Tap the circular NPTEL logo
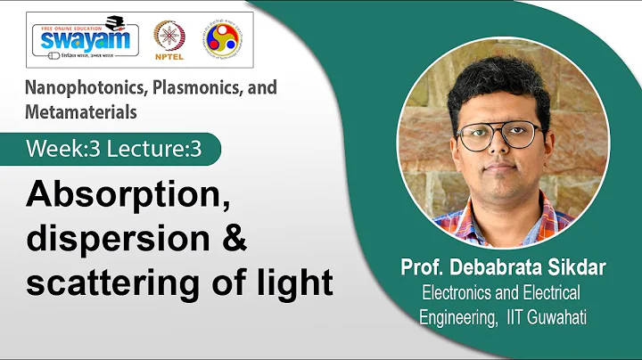170,39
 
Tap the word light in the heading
295,282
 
